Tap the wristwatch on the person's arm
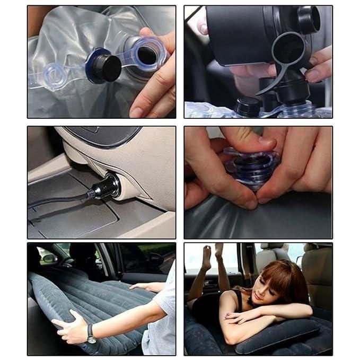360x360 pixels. point(91,333)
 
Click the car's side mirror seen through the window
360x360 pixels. point(49,258)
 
